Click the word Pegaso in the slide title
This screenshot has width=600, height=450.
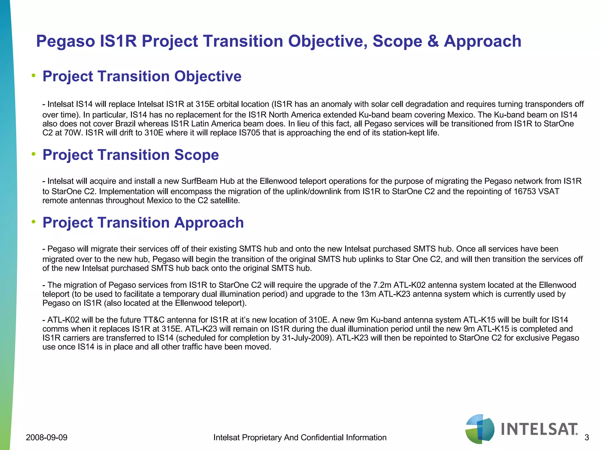pos(65,41)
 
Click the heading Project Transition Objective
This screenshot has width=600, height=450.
pos(142,76)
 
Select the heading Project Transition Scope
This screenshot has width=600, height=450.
pos(131,155)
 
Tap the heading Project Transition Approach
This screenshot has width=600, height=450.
pos(143,223)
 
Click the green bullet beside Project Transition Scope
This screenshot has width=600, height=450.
pos(34,154)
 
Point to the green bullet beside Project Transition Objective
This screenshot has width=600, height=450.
pos(34,76)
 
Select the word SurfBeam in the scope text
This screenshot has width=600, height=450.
pos(198,181)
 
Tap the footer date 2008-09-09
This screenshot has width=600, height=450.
pos(47,438)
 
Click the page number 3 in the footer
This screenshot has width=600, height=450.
pos(587,438)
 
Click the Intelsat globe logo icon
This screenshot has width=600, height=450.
pos(480,429)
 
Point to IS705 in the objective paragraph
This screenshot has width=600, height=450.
pos(250,133)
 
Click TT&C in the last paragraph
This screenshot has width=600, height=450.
pos(154,320)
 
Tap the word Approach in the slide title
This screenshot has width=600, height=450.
pos(483,41)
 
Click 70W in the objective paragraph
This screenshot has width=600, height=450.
pos(71,133)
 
